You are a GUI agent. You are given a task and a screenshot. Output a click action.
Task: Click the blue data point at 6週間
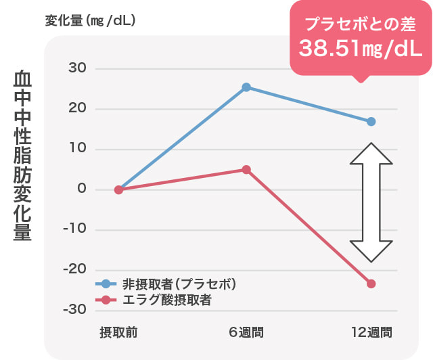click(246, 87)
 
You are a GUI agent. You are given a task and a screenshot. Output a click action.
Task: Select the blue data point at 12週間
click(371, 122)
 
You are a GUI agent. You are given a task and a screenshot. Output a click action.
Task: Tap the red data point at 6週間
click(246, 169)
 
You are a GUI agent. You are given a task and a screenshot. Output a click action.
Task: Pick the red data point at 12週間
click(371, 284)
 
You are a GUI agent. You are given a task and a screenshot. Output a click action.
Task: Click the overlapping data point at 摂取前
click(118, 189)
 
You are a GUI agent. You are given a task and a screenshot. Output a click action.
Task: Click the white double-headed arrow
click(371, 202)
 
